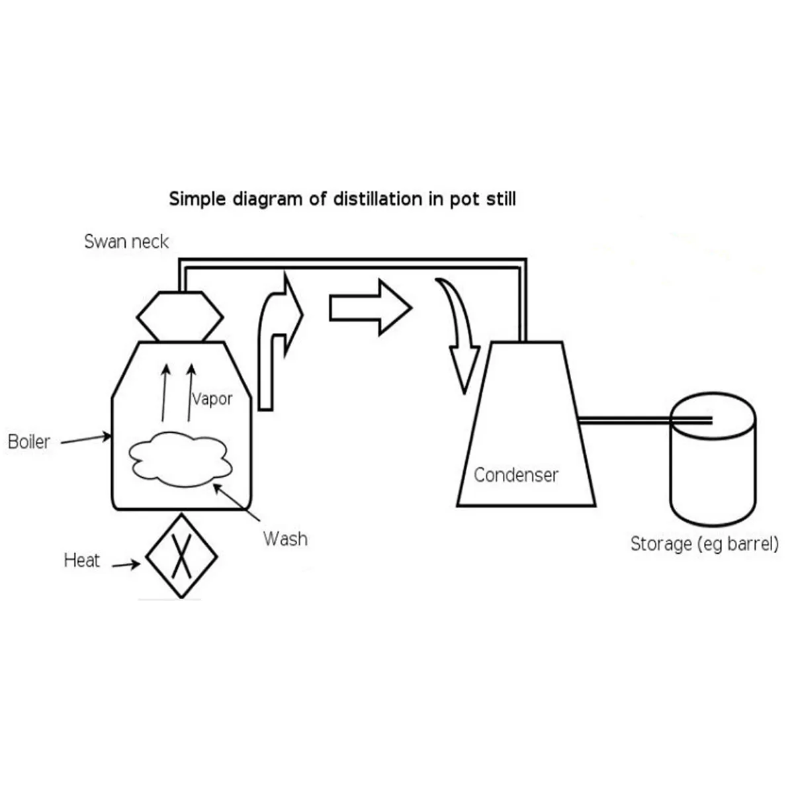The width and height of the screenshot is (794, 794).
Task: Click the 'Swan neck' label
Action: [x=126, y=242]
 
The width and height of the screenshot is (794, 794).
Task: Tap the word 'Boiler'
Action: [x=29, y=442]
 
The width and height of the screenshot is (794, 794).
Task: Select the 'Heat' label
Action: [x=81, y=560]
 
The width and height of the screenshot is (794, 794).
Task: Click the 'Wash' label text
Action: [x=286, y=539]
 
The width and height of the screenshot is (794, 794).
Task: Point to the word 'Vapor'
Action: [x=212, y=399]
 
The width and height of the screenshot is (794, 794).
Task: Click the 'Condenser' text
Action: [x=516, y=475]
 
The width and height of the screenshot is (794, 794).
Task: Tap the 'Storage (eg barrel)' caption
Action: [x=705, y=544]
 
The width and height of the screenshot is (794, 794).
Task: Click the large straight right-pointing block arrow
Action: [x=370, y=308]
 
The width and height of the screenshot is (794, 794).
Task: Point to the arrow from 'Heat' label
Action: [x=126, y=564]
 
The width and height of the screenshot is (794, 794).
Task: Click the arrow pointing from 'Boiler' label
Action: [x=86, y=439]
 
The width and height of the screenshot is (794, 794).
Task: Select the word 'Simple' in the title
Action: [x=197, y=199]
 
